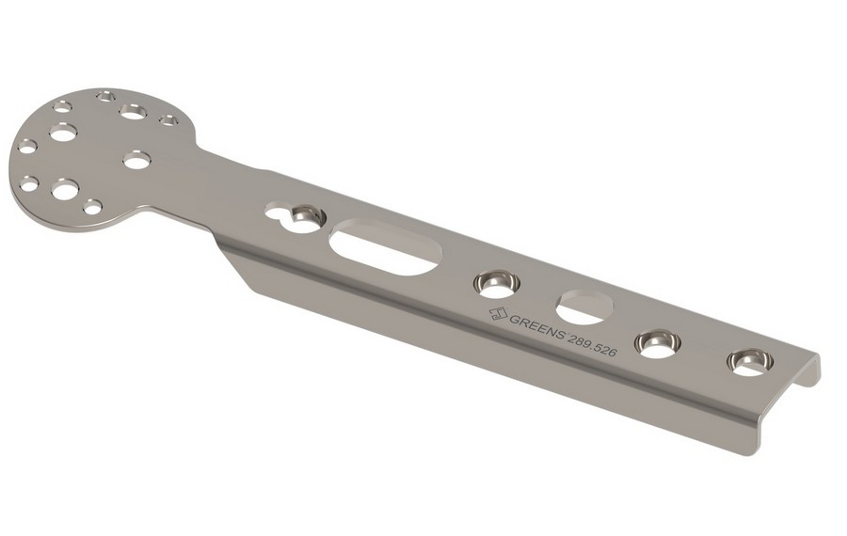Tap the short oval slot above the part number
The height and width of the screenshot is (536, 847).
[585, 307]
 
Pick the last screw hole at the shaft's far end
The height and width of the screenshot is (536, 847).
[750, 361]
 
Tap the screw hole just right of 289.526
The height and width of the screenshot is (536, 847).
[658, 342]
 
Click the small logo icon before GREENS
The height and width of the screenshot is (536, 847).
[498, 313]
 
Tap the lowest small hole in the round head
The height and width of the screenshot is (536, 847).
[92, 207]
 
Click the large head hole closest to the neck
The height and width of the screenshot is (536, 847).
[136, 161]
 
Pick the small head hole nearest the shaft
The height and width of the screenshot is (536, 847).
[168, 120]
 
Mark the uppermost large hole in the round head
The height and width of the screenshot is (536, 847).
[133, 111]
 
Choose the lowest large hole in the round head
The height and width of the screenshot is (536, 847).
[65, 191]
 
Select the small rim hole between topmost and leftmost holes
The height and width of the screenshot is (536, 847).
[63, 106]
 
